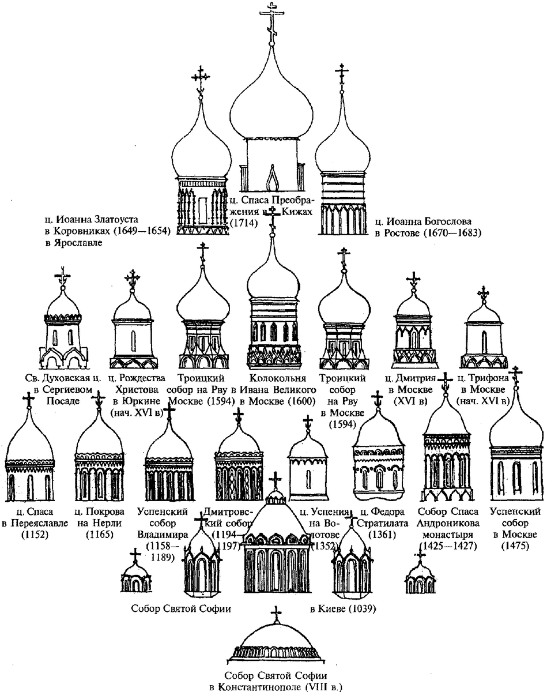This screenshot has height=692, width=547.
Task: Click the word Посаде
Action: point(60,402)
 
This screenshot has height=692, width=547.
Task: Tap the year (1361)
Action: point(382,535)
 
